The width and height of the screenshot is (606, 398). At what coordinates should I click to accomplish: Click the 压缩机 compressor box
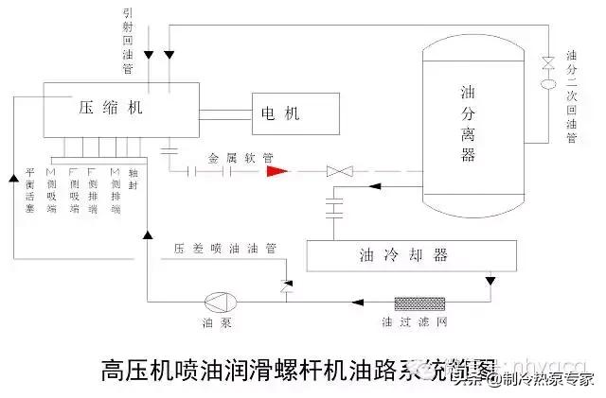coord(110,109)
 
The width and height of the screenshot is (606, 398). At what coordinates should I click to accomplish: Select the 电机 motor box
coord(294,114)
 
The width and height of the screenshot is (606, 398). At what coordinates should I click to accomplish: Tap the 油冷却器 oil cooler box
coord(411,255)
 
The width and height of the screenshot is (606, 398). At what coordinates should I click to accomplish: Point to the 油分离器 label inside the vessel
coord(467,123)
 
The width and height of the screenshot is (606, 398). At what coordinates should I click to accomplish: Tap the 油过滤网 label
coord(424,324)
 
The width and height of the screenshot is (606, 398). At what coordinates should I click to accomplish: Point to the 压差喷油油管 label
coord(224,250)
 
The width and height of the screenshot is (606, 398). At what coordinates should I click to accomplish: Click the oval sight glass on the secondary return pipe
coord(547,82)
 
